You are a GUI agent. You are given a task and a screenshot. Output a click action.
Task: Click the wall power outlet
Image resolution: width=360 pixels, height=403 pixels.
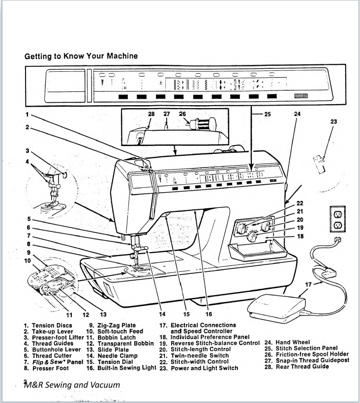(x=338, y=219)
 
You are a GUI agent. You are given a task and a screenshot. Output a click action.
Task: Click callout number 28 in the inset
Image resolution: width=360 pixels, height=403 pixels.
(x=151, y=114)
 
